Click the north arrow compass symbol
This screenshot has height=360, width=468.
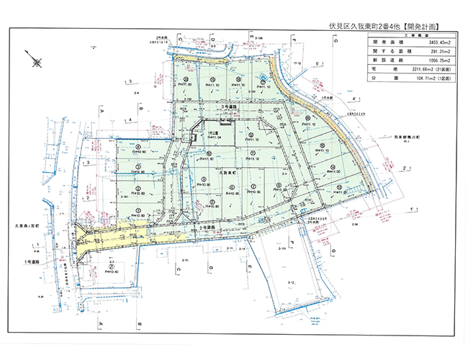(32, 58)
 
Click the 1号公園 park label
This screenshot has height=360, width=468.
(212, 132)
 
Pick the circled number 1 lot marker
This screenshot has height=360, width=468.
(137, 210)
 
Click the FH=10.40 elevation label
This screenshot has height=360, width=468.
(111, 271)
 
